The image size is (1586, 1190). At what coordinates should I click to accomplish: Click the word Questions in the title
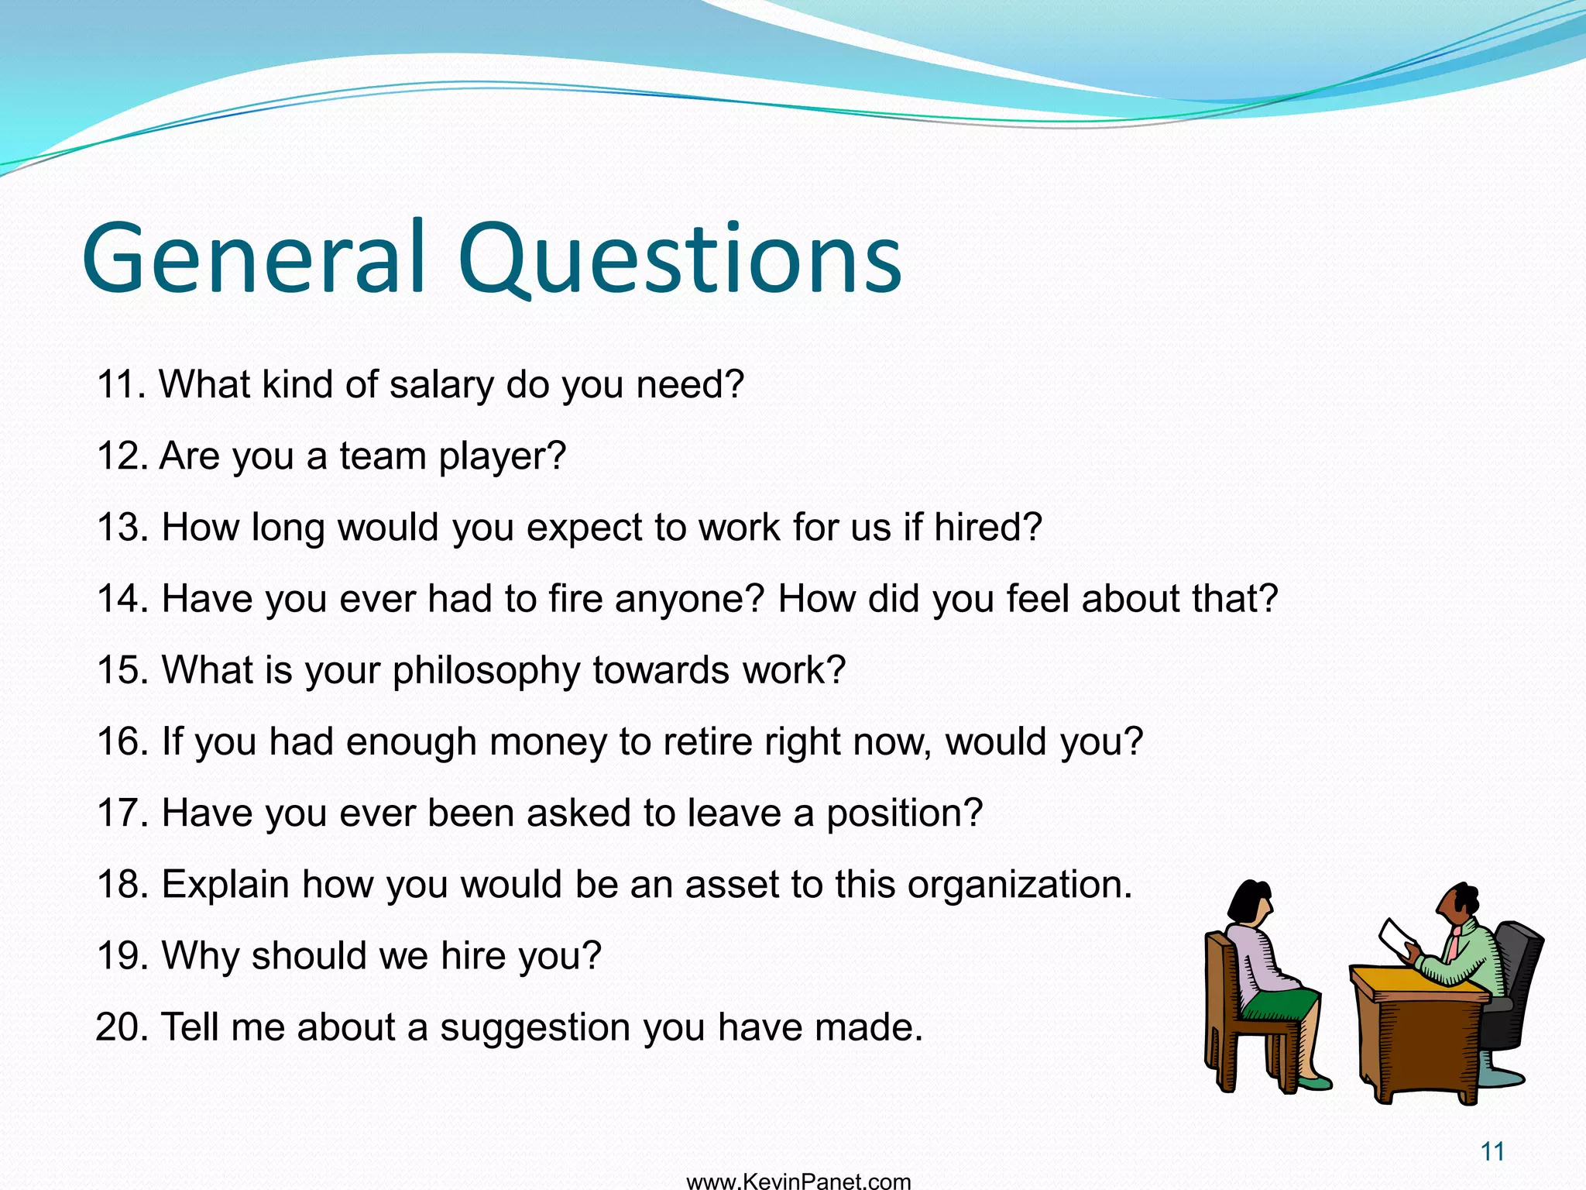tap(680, 258)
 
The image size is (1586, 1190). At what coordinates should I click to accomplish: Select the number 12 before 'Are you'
tap(121, 456)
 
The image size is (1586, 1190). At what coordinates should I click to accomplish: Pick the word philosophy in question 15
tap(486, 671)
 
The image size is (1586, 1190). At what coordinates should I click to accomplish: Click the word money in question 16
tap(548, 742)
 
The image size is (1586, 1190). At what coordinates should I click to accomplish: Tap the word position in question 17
tap(903, 813)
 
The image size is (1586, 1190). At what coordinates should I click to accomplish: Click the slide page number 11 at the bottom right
tap(1492, 1151)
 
